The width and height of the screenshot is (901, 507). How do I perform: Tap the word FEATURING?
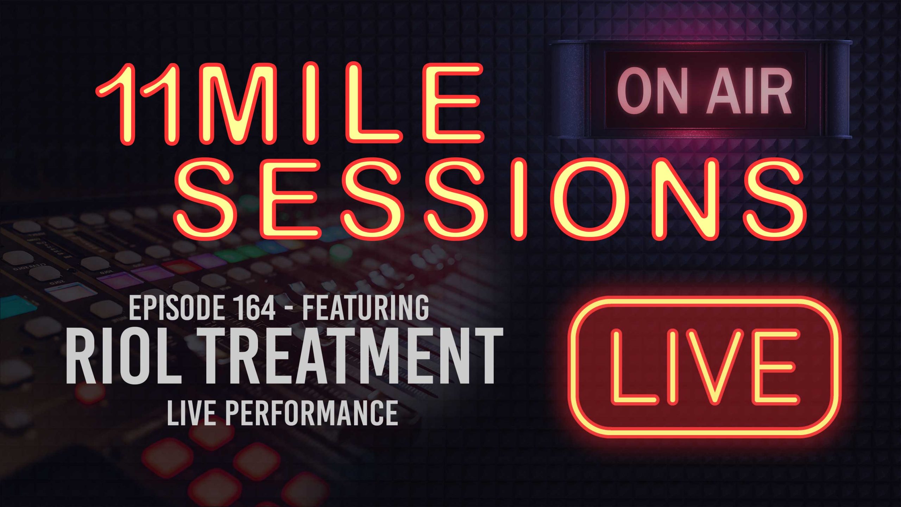366,308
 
